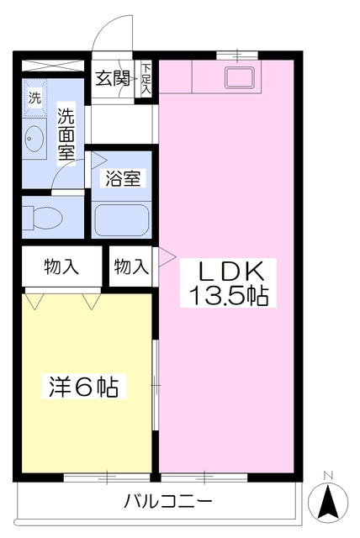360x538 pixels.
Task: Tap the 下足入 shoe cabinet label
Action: click(x=146, y=78)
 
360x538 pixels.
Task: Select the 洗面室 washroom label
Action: click(x=66, y=134)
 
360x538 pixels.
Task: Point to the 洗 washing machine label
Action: click(x=34, y=97)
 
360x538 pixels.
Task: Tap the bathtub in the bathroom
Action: click(x=121, y=220)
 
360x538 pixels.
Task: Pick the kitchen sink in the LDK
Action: click(x=241, y=80)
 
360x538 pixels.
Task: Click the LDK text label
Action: click(x=231, y=271)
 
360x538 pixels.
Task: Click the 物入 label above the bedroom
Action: click(x=61, y=267)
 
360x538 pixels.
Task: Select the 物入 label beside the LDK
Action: click(x=130, y=267)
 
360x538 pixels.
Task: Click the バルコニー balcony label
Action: click(x=168, y=503)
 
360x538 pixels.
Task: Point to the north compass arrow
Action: click(x=329, y=502)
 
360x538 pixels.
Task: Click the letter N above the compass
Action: click(x=329, y=475)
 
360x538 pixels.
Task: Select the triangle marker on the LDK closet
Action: click(x=166, y=255)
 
